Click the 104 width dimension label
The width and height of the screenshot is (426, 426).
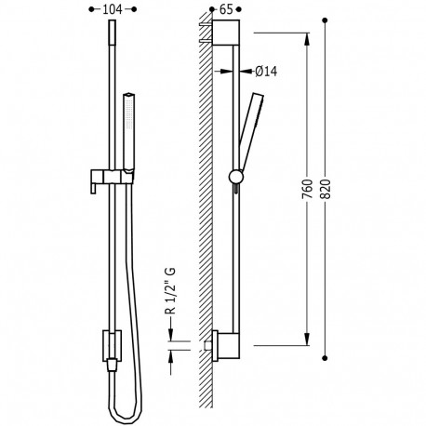click(x=113, y=9)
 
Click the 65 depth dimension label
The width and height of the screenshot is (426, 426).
click(x=226, y=9)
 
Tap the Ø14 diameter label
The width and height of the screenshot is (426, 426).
click(x=266, y=72)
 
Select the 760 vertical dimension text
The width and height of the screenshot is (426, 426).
click(x=307, y=189)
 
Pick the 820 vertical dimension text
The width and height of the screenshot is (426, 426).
click(x=325, y=189)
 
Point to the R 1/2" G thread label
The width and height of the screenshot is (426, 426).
click(x=171, y=290)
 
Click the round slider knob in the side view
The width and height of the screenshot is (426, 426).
click(x=236, y=177)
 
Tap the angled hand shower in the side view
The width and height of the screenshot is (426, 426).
click(x=250, y=131)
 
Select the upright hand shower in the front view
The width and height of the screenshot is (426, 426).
click(x=128, y=131)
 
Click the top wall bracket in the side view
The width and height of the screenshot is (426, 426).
click(x=226, y=33)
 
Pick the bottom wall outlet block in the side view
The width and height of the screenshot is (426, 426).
click(x=226, y=345)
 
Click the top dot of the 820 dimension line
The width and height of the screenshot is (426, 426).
click(x=325, y=20)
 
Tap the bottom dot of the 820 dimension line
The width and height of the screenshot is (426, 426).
click(x=325, y=358)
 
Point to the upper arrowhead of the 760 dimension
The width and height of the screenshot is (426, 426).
click(x=307, y=39)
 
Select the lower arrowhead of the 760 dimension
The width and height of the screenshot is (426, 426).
click(x=307, y=339)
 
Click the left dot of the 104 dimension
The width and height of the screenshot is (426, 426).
click(x=91, y=9)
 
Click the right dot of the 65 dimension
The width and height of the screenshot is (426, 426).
click(x=239, y=9)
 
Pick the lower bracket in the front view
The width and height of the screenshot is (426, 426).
click(x=112, y=346)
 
